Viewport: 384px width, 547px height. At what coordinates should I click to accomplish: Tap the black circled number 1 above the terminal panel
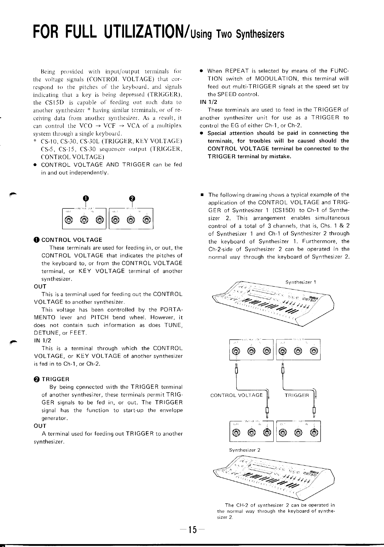pyautogui.click(x=85, y=198)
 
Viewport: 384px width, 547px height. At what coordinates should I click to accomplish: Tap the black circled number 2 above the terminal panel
pyautogui.click(x=132, y=198)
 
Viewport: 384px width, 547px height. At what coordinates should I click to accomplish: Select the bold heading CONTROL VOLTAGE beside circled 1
pyautogui.click(x=72, y=240)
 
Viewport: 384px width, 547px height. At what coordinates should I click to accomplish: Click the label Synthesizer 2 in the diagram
pyautogui.click(x=245, y=450)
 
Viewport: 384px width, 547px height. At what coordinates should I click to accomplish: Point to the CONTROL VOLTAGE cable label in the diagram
pyautogui.click(x=237, y=395)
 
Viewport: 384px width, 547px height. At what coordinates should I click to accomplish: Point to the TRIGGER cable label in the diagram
pyautogui.click(x=297, y=395)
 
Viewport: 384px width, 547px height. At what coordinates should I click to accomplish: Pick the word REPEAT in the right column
pyautogui.click(x=234, y=71)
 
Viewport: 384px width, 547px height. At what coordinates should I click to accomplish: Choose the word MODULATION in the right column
pyautogui.click(x=273, y=79)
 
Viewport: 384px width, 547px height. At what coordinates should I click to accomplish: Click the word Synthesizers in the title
pyautogui.click(x=260, y=34)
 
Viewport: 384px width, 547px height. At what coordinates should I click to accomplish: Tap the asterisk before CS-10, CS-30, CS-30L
pyautogui.click(x=35, y=141)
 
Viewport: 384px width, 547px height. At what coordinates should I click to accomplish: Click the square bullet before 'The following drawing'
pyautogui.click(x=202, y=195)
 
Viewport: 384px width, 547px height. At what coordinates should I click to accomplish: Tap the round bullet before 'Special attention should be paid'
pyautogui.click(x=202, y=133)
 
